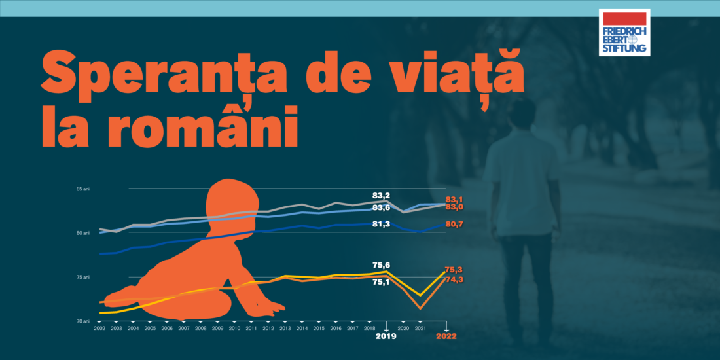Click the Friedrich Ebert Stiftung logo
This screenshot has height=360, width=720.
pyautogui.click(x=624, y=32)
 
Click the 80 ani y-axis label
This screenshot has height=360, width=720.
pyautogui.click(x=82, y=233)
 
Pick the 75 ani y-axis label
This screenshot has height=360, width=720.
pyautogui.click(x=82, y=278)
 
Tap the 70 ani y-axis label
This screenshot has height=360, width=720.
pyautogui.click(x=82, y=321)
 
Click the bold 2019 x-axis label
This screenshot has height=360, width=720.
pyautogui.click(x=386, y=336)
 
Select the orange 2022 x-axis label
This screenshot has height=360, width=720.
pyautogui.click(x=446, y=336)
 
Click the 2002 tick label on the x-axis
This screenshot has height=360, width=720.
pyautogui.click(x=99, y=327)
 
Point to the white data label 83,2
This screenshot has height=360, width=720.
pyautogui.click(x=382, y=195)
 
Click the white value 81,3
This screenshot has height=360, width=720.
pyautogui.click(x=382, y=224)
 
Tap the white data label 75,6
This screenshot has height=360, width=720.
pyautogui.click(x=382, y=265)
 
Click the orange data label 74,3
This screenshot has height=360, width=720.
pyautogui.click(x=454, y=279)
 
